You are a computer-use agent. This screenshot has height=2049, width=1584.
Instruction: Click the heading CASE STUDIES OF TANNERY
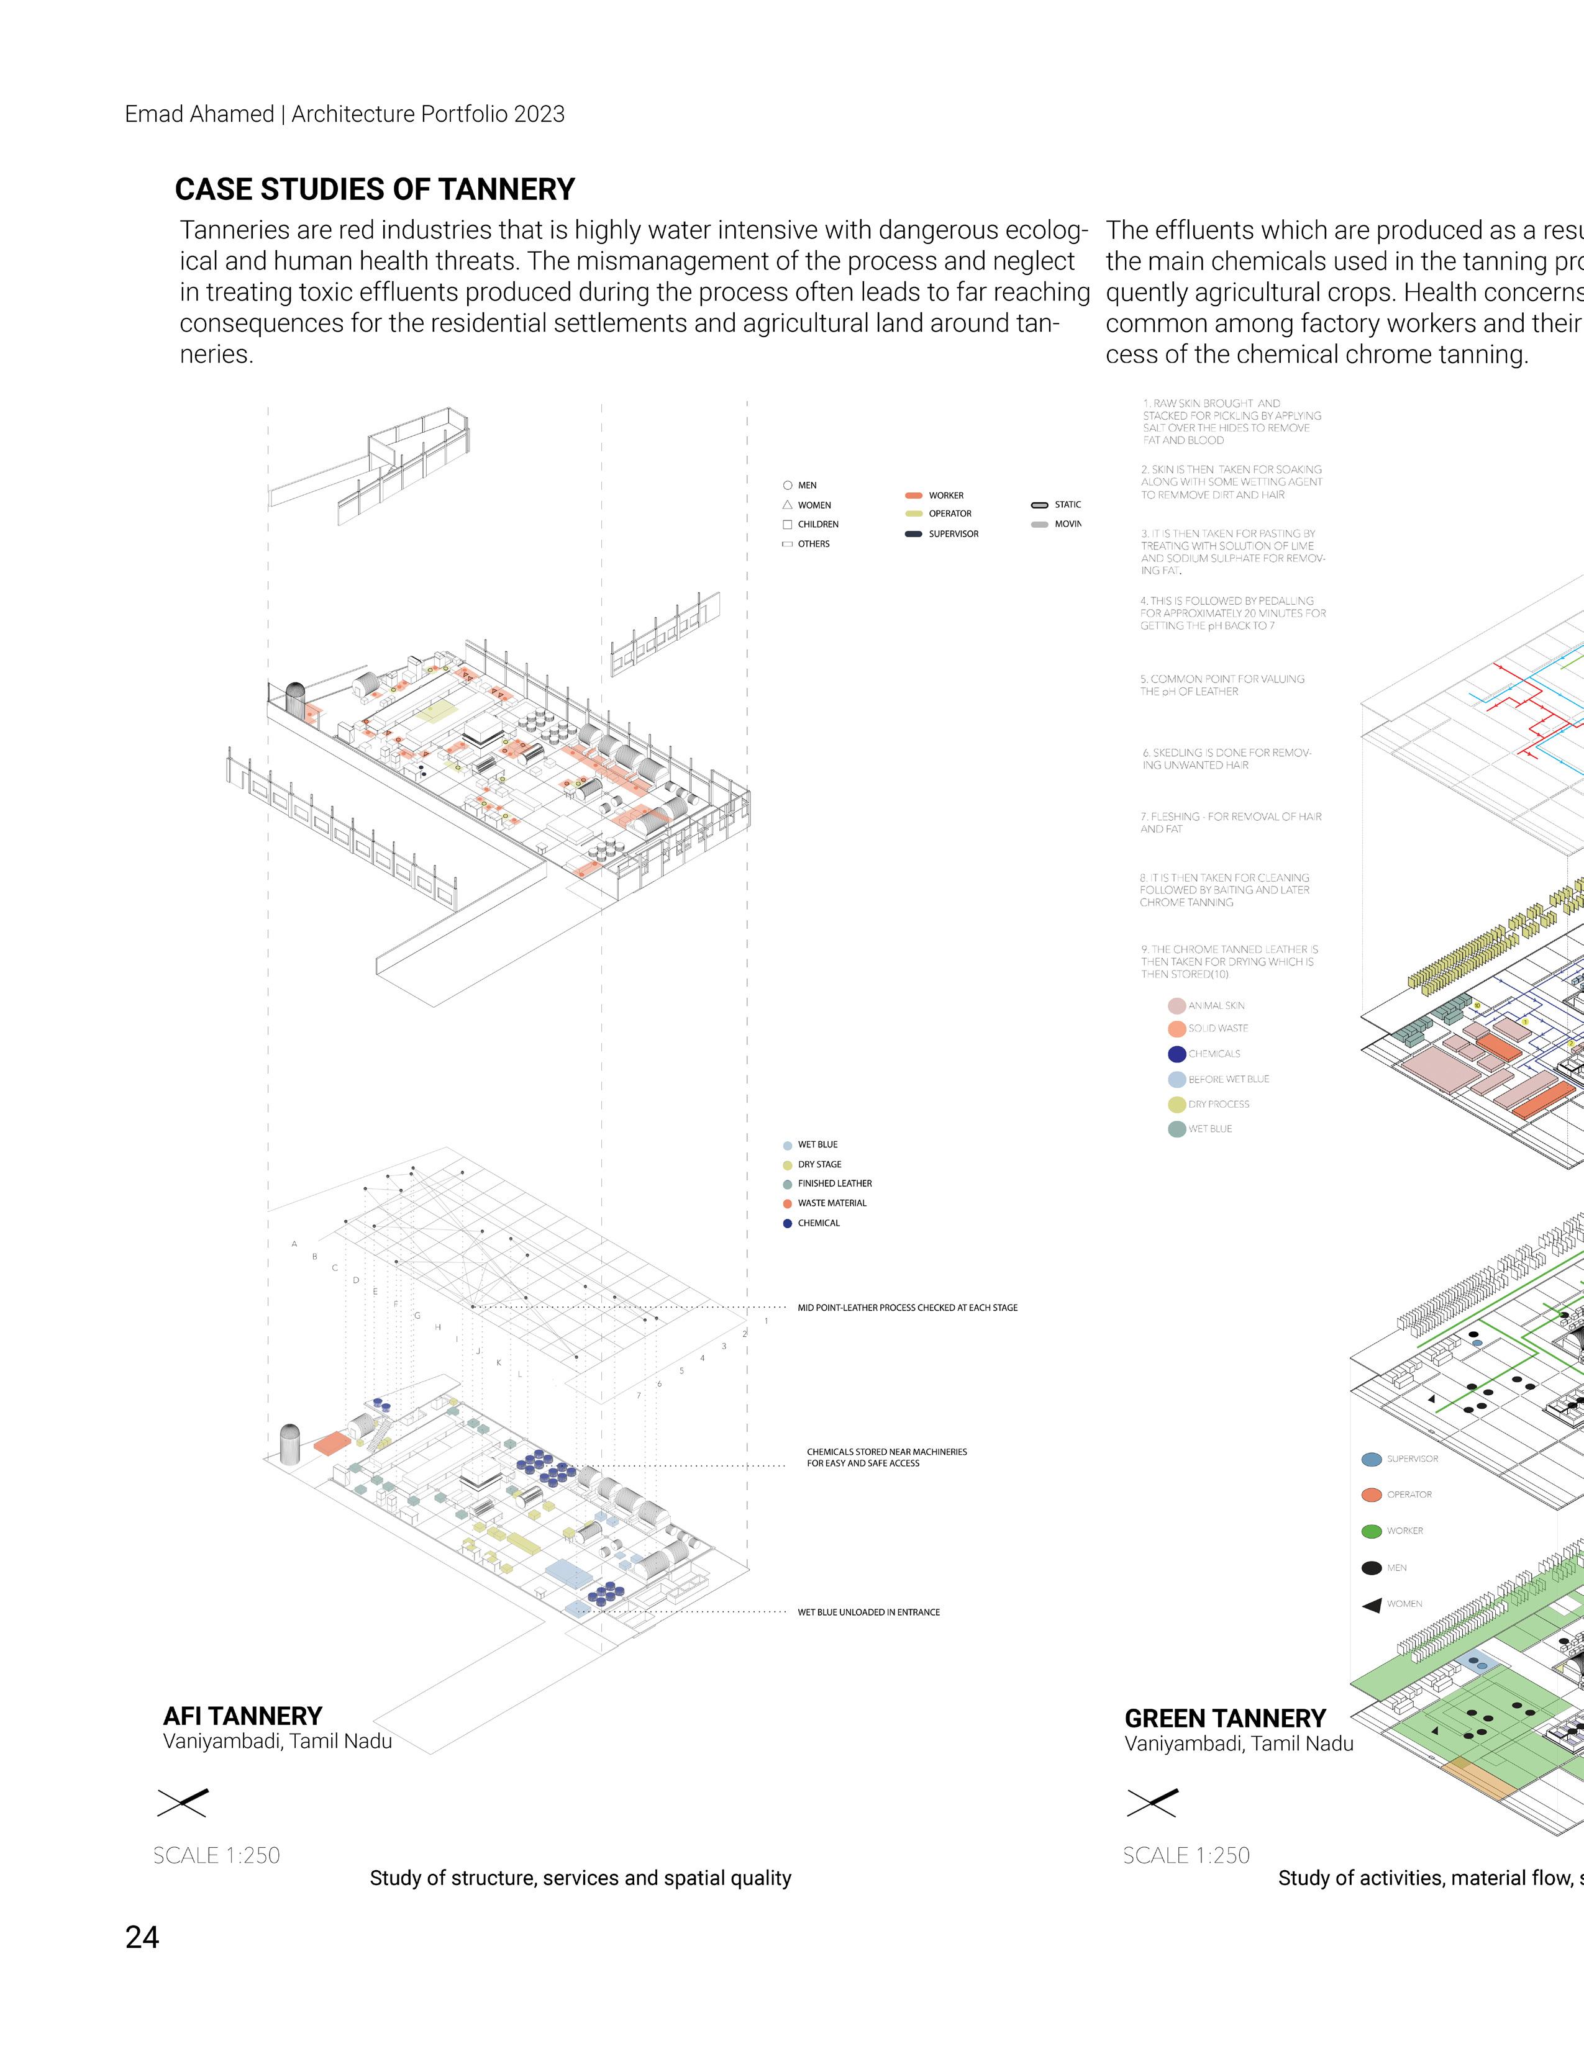375,189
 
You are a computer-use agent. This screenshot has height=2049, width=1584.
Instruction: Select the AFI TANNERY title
242,1716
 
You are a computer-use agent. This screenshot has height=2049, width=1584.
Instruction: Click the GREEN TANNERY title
1224,1719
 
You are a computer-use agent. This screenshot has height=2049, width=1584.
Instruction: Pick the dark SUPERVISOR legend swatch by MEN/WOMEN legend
913,534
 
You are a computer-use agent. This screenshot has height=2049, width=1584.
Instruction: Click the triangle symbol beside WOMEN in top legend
787,505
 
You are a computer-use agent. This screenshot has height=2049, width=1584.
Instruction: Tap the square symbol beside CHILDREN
787,525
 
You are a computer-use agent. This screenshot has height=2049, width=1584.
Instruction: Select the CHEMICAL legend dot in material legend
787,1223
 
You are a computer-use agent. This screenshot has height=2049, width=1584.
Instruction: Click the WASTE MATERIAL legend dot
787,1204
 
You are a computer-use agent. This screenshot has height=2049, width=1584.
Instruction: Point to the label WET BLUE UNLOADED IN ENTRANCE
868,1612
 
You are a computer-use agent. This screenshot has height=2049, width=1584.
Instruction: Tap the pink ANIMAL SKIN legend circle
1177,1006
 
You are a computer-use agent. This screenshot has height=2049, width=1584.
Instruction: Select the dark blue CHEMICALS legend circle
1177,1054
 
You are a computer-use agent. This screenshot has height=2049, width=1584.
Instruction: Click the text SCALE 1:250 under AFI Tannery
217,1855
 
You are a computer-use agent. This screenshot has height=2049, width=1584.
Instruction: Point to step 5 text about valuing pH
1222,685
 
